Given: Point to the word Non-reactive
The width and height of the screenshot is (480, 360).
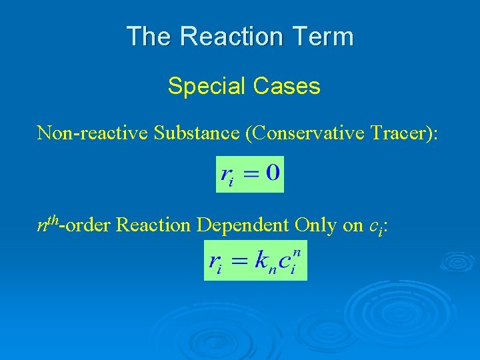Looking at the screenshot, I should (x=93, y=133).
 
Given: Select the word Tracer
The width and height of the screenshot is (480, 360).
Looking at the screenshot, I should (x=401, y=133).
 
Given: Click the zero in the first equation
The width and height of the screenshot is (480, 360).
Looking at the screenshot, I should (x=272, y=174).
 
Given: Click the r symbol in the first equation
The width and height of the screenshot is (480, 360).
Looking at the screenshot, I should (x=226, y=177).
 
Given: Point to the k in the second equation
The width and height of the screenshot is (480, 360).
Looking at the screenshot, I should (x=261, y=260).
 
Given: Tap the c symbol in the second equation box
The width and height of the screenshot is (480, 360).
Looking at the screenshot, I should (x=283, y=261).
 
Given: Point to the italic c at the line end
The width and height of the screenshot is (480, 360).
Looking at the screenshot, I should (x=373, y=227).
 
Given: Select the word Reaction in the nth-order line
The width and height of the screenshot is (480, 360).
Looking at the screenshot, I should (x=153, y=225).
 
